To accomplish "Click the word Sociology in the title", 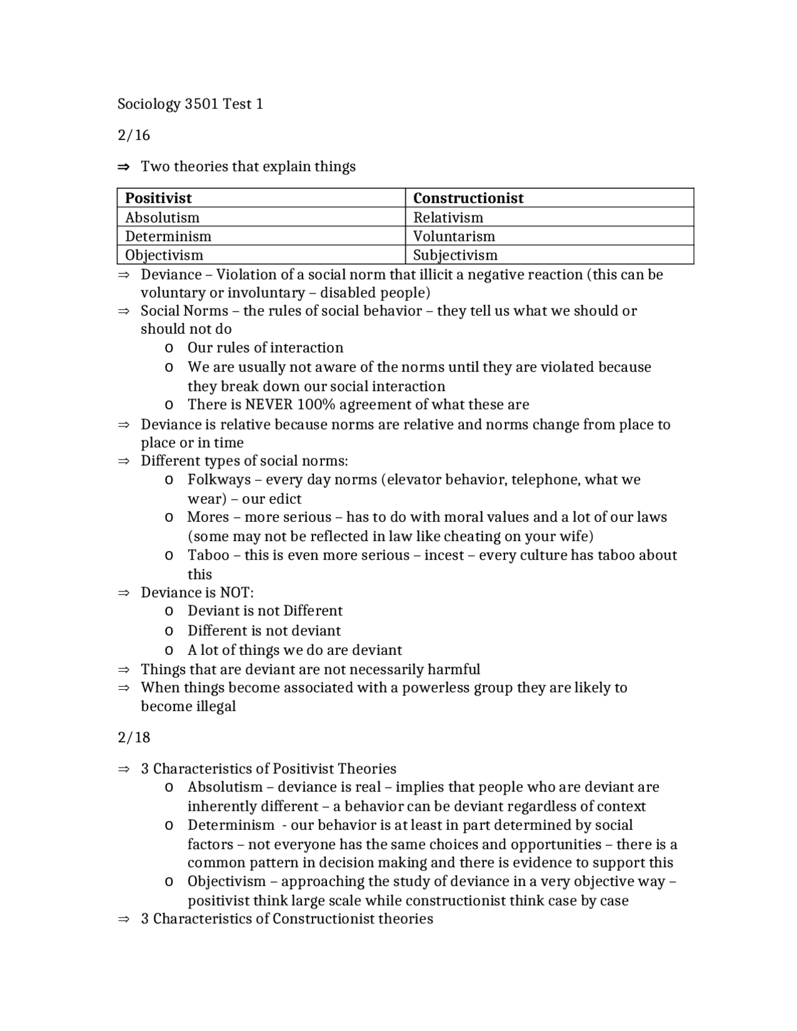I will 149,104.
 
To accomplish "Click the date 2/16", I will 134,135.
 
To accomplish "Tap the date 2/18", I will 134,737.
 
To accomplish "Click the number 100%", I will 316,405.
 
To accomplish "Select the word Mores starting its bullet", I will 208,517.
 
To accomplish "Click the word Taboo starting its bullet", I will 209,555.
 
